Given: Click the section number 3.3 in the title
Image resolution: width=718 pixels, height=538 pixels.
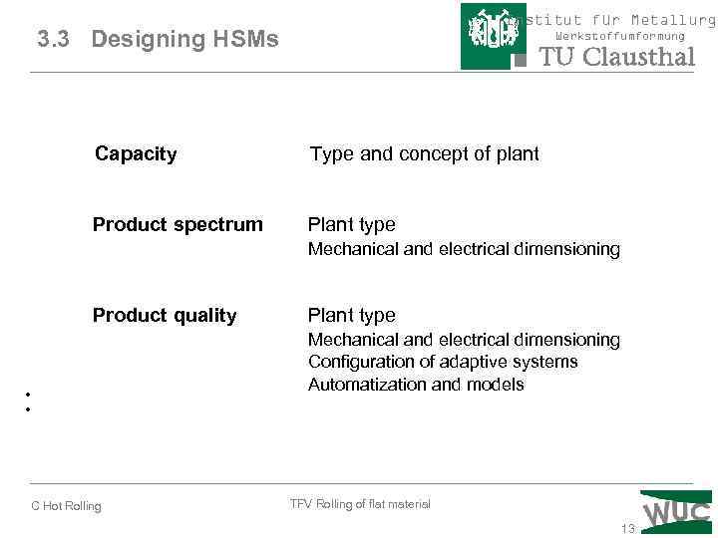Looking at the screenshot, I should (54, 40).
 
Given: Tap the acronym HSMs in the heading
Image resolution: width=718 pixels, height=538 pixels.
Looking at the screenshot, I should (244, 40).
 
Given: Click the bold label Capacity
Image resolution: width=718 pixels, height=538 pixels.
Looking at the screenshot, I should (136, 153).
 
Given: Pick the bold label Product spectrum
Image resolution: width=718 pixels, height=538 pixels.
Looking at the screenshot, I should (178, 224).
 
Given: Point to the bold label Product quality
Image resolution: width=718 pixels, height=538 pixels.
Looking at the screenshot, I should (165, 316).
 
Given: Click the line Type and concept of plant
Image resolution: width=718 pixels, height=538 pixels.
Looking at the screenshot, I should (424, 153).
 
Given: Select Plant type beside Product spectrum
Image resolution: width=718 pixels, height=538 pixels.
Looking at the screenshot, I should (351, 224).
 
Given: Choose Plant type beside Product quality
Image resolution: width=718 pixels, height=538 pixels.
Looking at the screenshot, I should (351, 316).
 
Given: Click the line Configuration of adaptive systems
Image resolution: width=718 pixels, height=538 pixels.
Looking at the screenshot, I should (443, 362).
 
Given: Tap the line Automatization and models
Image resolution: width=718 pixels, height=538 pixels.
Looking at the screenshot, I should (416, 385).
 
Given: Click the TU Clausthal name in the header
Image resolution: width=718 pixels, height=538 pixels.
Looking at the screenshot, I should (616, 57).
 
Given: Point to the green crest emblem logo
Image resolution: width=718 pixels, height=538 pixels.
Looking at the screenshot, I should (493, 36).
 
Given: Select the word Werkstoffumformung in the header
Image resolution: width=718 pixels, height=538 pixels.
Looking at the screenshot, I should (620, 36).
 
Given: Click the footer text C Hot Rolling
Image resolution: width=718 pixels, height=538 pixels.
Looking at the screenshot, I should (66, 506).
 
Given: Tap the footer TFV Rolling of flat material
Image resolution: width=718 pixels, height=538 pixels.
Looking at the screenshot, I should (360, 504).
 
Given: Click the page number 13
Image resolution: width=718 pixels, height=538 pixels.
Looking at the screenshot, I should (627, 529).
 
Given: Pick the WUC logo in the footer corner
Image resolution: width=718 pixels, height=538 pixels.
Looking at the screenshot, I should (677, 509).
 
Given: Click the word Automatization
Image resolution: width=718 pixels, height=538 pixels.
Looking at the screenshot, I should (363, 385).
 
